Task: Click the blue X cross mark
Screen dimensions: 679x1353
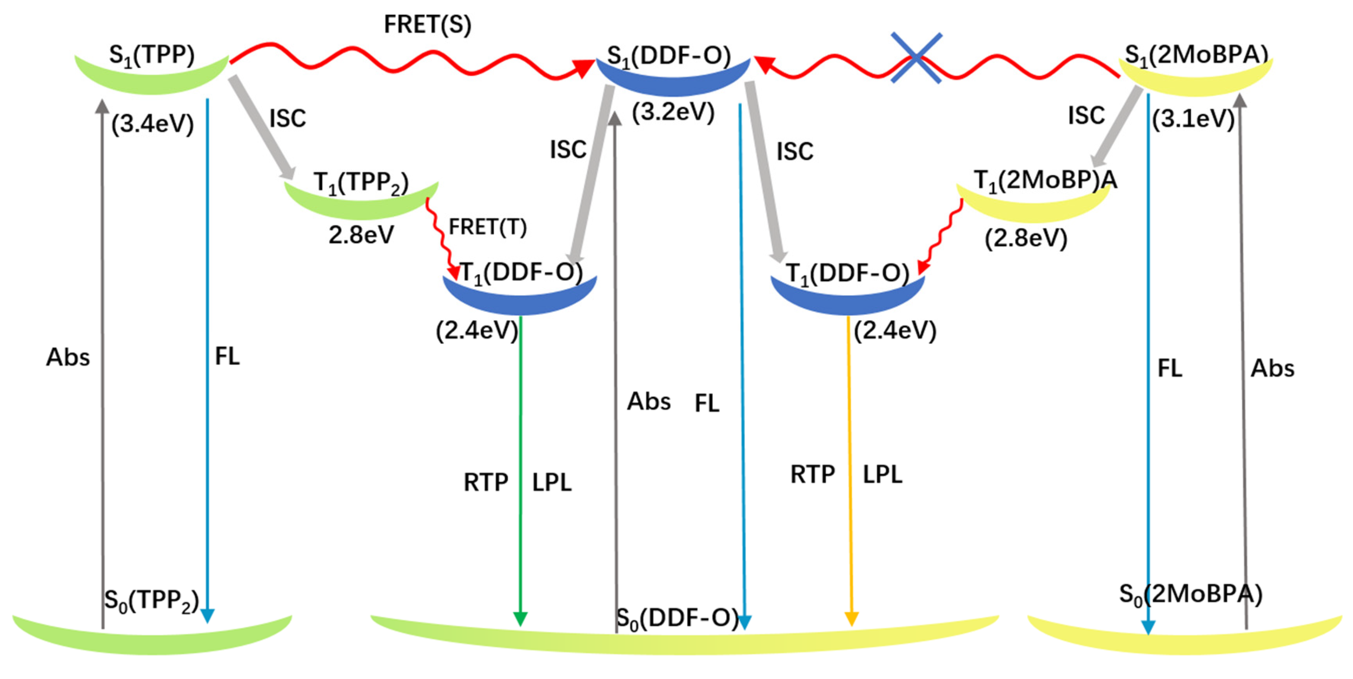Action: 916,58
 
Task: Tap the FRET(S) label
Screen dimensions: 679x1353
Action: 428,24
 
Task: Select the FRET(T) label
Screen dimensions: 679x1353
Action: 487,227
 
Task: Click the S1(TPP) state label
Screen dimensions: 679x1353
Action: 152,56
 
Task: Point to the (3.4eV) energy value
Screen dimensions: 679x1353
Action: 152,124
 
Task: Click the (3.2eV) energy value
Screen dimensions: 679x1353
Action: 673,112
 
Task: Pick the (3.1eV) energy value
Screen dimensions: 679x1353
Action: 1193,119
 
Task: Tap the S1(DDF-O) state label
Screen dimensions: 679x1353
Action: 669,56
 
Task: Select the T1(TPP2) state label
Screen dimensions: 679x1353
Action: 361,183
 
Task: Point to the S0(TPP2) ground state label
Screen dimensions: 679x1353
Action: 151,600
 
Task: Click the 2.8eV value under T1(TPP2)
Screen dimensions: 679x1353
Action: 361,234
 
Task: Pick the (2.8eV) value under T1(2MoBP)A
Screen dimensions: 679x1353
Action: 1025,238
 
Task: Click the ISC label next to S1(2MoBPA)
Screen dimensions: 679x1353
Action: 1086,115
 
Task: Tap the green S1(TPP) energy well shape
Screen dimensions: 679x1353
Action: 152,79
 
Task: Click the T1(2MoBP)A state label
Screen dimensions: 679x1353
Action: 1045,181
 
